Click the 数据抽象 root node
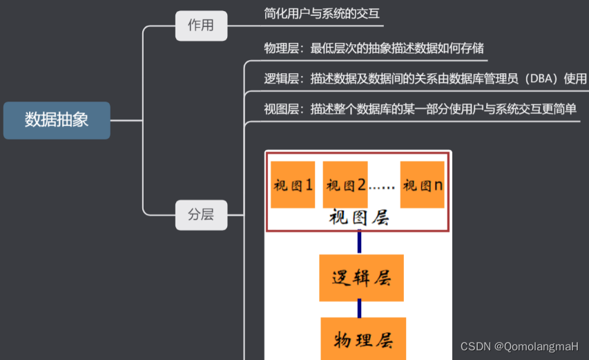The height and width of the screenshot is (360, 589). tap(57, 120)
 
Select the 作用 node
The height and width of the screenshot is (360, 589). tap(201, 26)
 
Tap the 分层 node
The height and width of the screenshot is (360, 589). tap(201, 214)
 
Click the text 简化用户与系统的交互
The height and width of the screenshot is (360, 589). tap(322, 13)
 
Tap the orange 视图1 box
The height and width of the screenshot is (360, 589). tap(293, 184)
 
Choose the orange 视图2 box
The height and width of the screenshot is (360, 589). tap(345, 184)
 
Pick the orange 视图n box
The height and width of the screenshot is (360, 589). tap(422, 184)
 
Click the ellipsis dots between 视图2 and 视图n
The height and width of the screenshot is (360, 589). tap(382, 187)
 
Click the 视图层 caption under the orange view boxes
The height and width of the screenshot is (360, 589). tap(359, 218)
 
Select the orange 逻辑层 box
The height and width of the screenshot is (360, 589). tap(361, 278)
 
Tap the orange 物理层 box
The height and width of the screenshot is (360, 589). tap(363, 339)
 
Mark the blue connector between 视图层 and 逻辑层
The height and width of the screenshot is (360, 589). tap(360, 243)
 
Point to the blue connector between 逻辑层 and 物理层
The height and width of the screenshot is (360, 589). tap(360, 309)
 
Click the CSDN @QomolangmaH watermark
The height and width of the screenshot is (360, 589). tap(519, 346)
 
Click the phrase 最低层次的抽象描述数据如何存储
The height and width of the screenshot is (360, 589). tap(397, 48)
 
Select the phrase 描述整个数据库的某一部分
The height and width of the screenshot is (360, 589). tap(383, 109)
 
